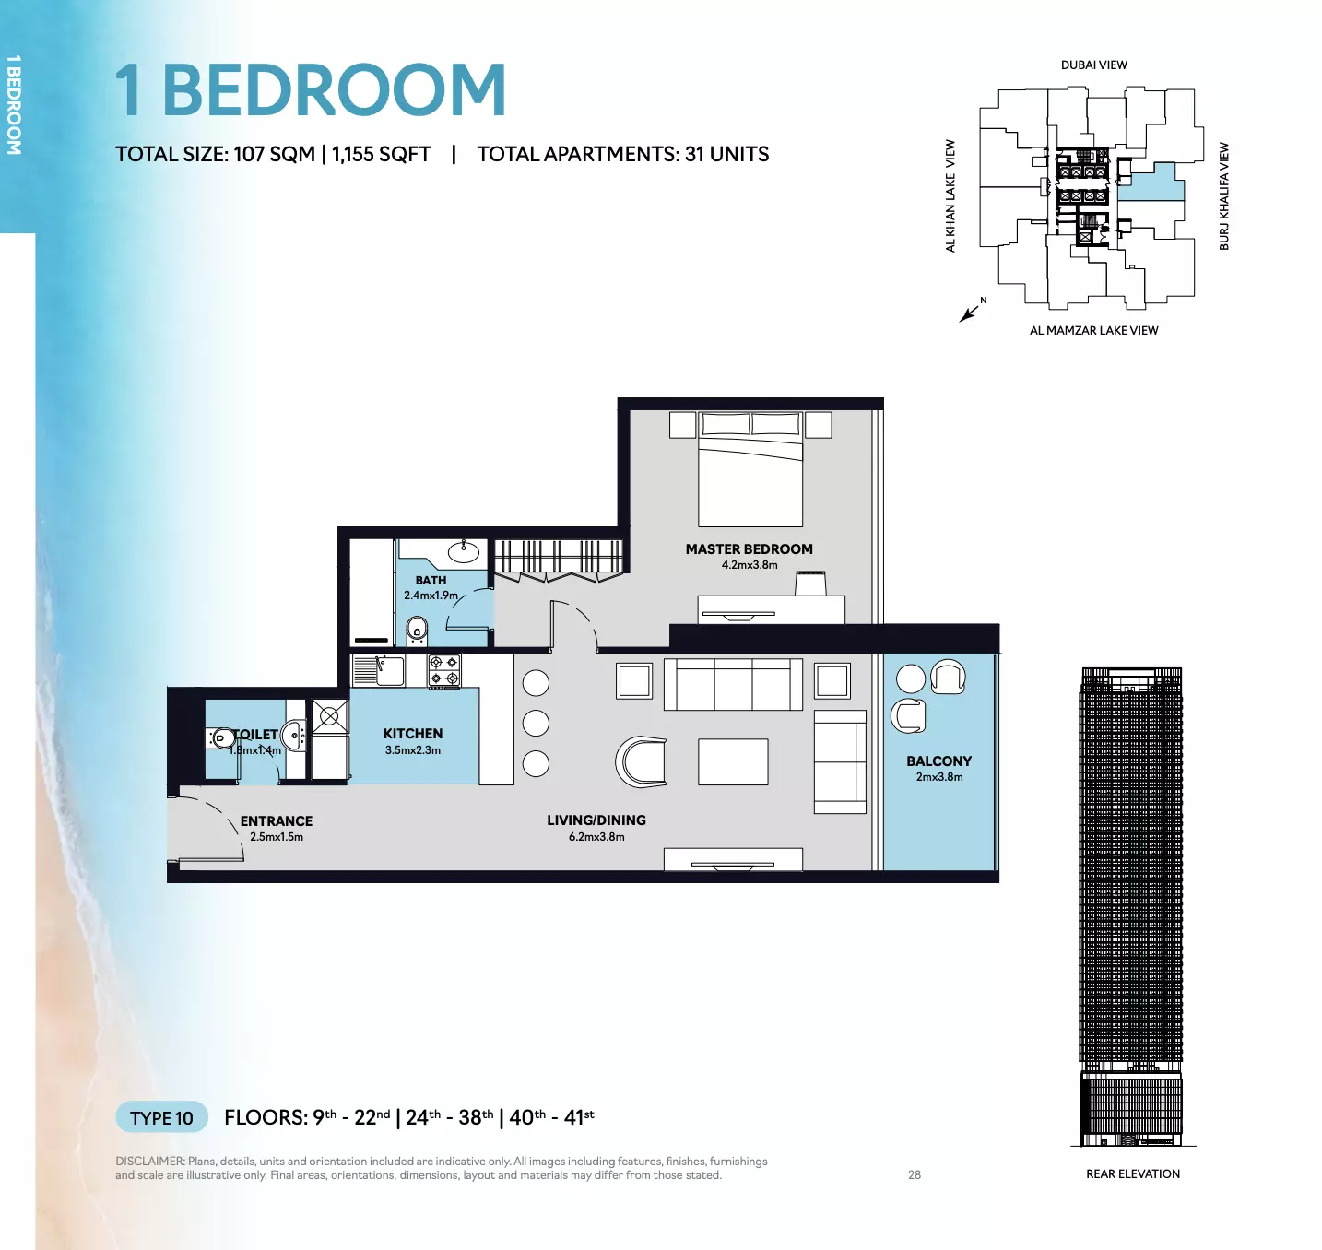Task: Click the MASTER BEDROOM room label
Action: coord(750,548)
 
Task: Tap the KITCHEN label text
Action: coord(413,734)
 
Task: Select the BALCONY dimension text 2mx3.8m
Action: coord(939,776)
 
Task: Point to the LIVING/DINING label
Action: coord(596,820)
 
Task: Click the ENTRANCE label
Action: coord(277,821)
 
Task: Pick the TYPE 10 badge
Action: coord(161,1118)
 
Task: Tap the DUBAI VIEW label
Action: coord(1094,65)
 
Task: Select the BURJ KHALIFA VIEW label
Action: coord(1224,196)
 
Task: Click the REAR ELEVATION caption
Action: coord(1133,1174)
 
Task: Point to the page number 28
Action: coord(915,1174)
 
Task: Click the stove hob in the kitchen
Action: coord(444,670)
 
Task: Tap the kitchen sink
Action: coord(379,671)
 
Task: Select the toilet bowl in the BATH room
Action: coord(417,630)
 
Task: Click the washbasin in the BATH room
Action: coord(464,552)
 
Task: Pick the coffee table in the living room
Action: coord(733,761)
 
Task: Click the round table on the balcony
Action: coord(911,678)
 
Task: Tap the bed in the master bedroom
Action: coord(750,468)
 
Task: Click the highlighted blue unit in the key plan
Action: coord(1151,183)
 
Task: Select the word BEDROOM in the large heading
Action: coord(335,89)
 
